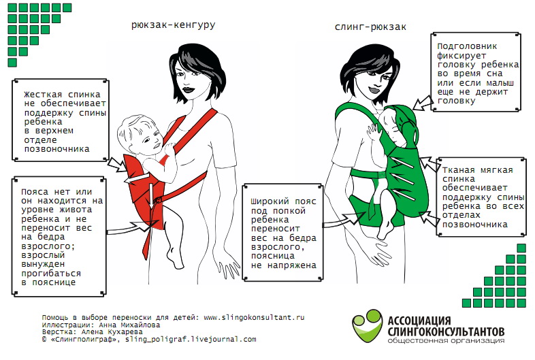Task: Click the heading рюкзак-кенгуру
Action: click(174, 25)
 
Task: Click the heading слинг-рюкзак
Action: click(370, 27)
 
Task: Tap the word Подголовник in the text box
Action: click(467, 46)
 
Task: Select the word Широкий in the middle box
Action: click(270, 201)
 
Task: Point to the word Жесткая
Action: click(43, 94)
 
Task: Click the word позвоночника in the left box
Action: click(56, 149)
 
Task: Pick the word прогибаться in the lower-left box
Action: click(51, 274)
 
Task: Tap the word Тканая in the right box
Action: click(459, 170)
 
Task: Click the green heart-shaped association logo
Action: click(367, 326)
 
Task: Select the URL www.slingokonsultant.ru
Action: click(254, 317)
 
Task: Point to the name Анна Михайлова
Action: click(129, 325)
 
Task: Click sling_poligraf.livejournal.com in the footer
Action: click(191, 340)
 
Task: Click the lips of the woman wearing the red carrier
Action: click(188, 90)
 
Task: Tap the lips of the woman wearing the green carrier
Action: click(374, 90)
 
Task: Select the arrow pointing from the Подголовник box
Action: click(423, 103)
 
